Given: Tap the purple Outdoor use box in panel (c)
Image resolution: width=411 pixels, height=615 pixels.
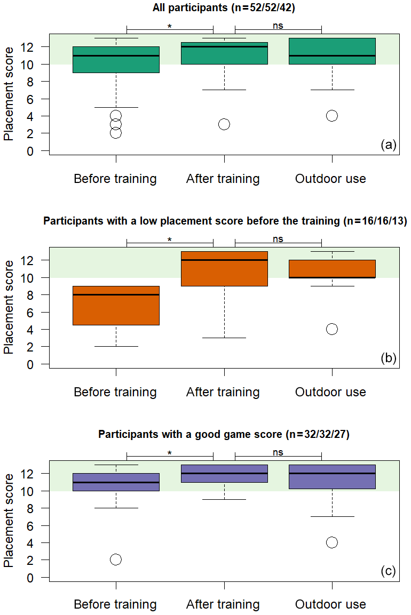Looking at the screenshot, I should pos(332,476).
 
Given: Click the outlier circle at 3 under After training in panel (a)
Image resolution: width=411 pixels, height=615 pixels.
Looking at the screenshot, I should pos(224,124).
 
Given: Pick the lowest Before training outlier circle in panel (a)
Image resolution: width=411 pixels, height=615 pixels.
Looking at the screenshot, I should pos(116,133).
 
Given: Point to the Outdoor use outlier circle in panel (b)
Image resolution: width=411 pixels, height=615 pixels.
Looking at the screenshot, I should pos(332,329).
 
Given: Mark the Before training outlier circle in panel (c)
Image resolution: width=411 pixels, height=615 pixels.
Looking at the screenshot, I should pos(116,559).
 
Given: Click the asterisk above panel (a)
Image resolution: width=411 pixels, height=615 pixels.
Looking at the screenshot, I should pos(170,26).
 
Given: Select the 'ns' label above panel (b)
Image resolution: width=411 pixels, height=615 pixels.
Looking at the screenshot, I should pos(278,239).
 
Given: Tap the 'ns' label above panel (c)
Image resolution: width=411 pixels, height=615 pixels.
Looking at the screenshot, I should pos(278,452).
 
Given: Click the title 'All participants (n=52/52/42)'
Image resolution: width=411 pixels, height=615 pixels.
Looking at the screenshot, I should pos(224,8).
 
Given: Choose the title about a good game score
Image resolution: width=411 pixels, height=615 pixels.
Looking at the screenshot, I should pos(224,434).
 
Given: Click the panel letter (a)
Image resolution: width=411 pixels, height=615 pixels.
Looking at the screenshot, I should pos(388,145).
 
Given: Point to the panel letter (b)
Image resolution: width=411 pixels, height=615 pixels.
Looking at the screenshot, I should pos(388,358).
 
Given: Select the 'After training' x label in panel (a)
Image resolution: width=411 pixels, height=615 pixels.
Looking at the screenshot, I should pos(223,179).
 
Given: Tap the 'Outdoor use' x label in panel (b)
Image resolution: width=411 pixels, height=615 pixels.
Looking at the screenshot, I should pos(331,392).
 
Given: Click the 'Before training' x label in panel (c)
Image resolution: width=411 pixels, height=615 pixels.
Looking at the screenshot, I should pos(115,605).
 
